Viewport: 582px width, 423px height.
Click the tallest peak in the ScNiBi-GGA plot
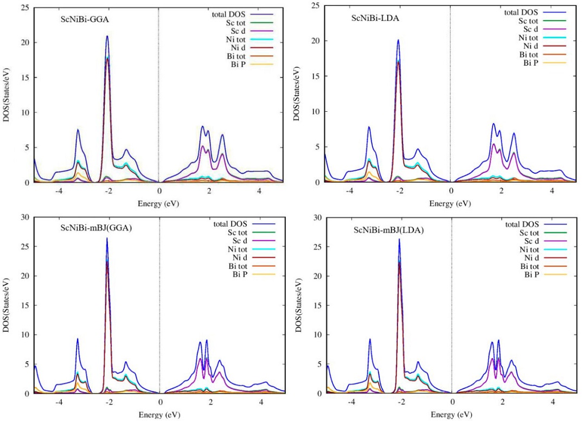pos(107,36)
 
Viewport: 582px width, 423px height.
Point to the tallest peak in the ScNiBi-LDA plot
pos(398,40)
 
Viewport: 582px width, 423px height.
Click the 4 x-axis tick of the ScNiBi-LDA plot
pos(552,191)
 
